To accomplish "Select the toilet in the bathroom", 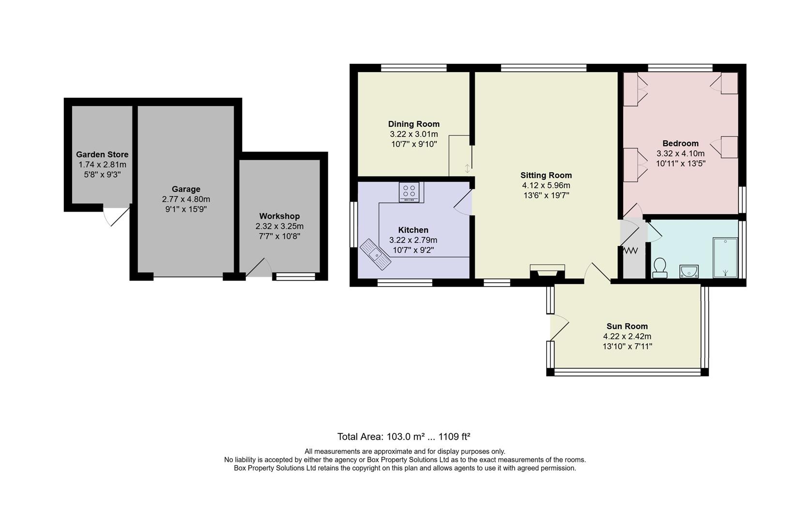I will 659,268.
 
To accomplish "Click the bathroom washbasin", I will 688,271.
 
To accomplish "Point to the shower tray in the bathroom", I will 725,258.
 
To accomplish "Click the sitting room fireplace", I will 547,272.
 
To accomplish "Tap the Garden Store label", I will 102,154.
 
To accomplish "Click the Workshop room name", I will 279,216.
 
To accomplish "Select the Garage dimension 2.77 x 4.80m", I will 186,199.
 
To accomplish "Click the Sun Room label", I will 627,326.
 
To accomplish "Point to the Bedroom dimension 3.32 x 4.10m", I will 680,154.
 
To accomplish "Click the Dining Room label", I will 413,124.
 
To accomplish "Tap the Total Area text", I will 404,436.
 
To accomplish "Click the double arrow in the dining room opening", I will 467,169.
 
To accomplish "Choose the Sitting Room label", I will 546,175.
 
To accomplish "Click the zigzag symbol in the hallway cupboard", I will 631,251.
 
